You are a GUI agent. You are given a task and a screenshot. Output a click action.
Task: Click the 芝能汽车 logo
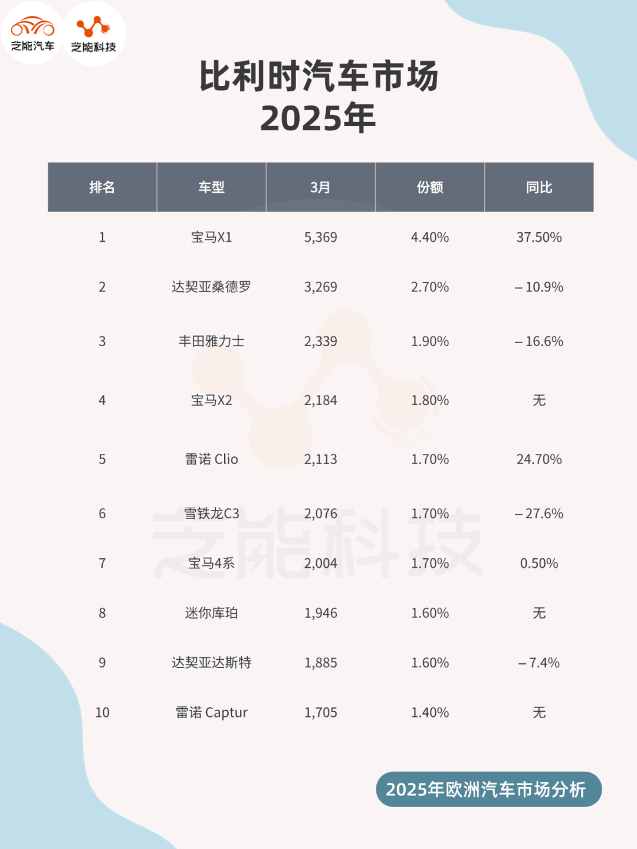click(x=33, y=34)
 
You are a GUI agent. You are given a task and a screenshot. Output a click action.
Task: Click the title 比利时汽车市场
click(x=318, y=77)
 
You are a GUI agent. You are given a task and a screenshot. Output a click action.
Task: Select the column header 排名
click(x=102, y=187)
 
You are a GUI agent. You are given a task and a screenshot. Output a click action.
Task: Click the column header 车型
click(x=211, y=187)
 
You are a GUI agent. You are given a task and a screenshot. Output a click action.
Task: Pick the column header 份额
click(x=429, y=187)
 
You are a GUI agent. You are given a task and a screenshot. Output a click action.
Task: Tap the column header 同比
click(x=539, y=187)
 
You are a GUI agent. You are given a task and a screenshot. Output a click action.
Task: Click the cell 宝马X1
click(x=211, y=238)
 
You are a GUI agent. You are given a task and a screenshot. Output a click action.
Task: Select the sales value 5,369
click(x=320, y=238)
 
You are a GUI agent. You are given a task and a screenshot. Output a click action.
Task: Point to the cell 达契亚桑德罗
click(x=211, y=287)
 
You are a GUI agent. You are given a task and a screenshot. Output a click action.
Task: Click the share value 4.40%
click(x=429, y=238)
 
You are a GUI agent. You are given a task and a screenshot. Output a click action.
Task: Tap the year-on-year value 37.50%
click(x=539, y=238)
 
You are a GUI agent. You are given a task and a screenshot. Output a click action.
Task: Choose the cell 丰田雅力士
click(x=211, y=341)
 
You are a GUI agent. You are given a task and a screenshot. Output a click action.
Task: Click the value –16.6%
click(x=539, y=341)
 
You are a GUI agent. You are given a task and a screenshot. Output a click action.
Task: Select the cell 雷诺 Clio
click(x=211, y=459)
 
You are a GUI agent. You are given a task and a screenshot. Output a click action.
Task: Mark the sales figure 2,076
click(x=320, y=514)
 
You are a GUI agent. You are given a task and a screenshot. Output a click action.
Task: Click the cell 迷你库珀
click(x=211, y=613)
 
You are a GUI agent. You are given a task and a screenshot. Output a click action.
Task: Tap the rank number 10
click(x=102, y=713)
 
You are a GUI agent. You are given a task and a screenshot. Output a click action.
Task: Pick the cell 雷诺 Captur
click(x=211, y=713)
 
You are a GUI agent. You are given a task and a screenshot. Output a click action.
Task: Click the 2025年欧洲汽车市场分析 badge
click(x=488, y=789)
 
